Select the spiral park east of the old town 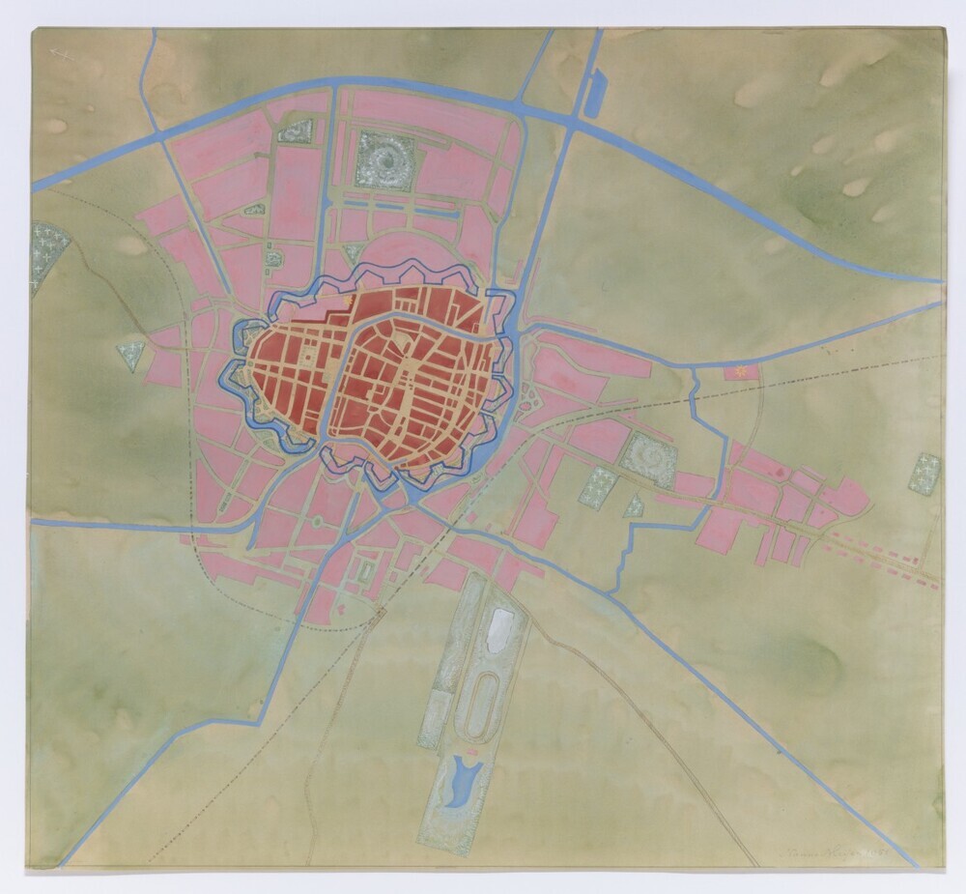point(648,454)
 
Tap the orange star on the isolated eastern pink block point(742,371)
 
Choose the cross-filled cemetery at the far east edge point(924,473)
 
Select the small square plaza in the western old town point(307,357)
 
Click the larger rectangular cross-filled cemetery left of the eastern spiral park point(597,485)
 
